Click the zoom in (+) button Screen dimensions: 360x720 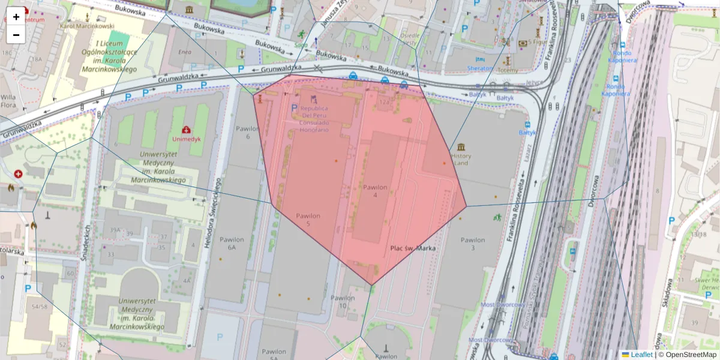[x=16, y=16]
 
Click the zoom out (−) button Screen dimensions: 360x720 [x=16, y=34]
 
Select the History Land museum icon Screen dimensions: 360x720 [x=461, y=147]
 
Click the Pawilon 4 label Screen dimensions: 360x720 [x=375, y=191]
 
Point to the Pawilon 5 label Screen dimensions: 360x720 [x=308, y=220]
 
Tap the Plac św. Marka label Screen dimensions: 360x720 [x=413, y=248]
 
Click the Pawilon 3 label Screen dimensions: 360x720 [x=472, y=244]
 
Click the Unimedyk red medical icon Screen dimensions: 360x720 [x=186, y=129]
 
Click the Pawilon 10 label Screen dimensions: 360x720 [x=343, y=302]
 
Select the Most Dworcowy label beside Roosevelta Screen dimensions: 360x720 [x=504, y=305]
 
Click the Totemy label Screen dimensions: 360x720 [x=508, y=70]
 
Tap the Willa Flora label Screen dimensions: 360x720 [x=8, y=101]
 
